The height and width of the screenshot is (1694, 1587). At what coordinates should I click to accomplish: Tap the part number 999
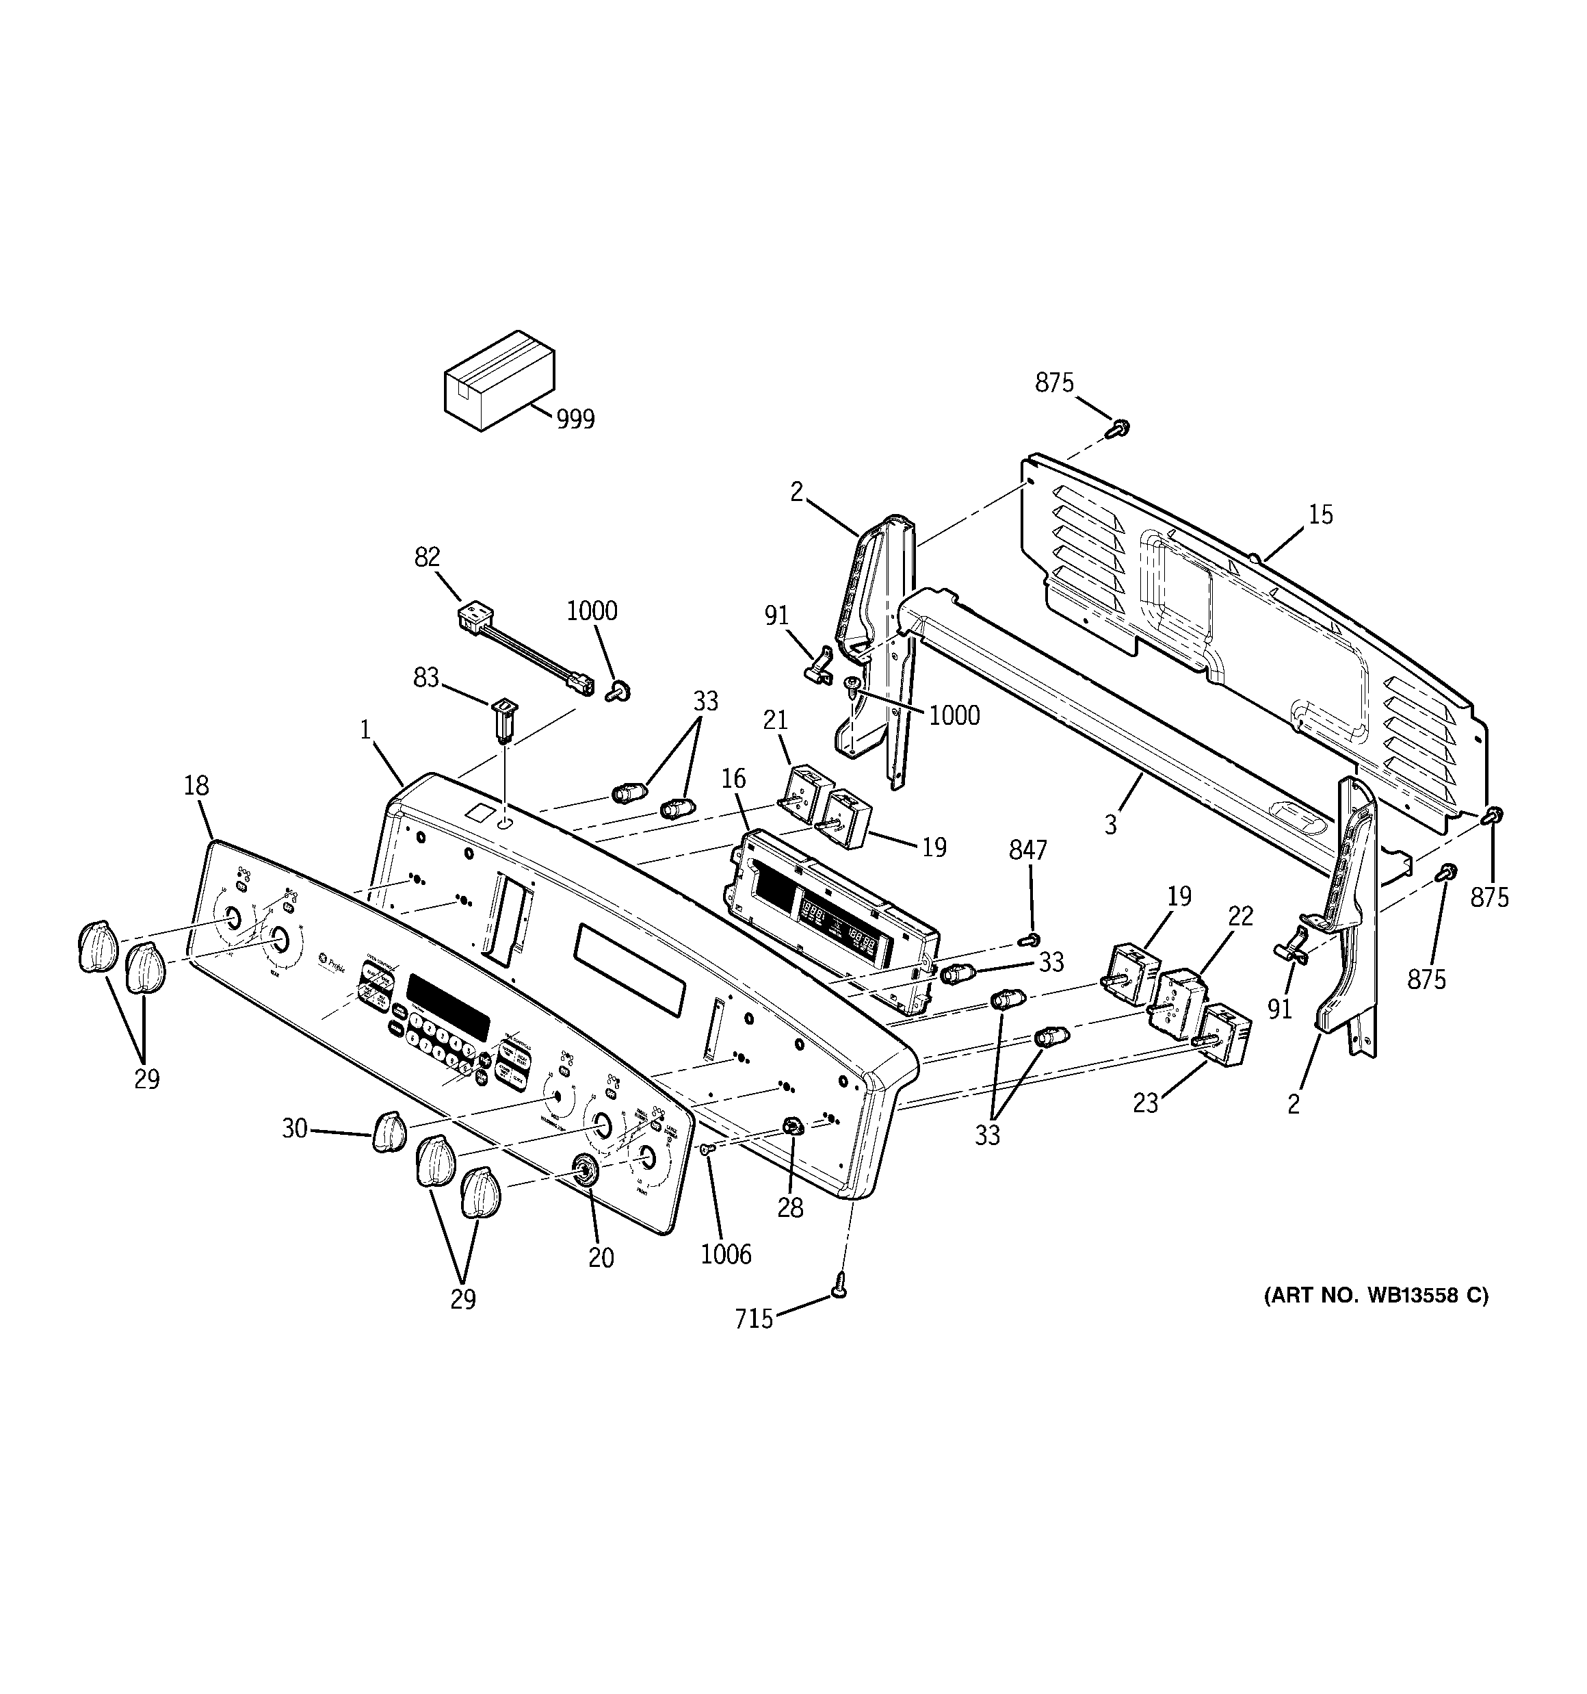click(x=575, y=420)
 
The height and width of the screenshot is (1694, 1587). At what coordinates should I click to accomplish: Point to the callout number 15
click(x=1320, y=515)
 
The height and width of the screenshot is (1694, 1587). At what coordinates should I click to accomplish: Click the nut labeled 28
click(x=792, y=1127)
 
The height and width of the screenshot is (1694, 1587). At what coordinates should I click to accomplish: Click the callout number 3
click(x=1110, y=824)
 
